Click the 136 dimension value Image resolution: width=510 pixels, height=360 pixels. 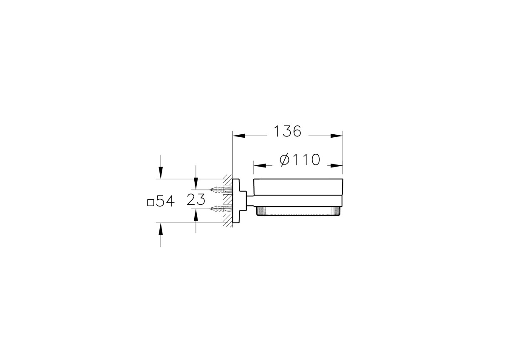[287, 132]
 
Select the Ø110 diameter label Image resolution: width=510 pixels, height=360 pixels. [300, 160]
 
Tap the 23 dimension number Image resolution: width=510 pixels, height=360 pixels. [196, 199]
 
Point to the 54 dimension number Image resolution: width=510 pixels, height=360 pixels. [165, 201]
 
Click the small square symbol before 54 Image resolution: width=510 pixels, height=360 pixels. [150, 202]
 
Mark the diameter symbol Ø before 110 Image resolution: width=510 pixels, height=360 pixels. [285, 160]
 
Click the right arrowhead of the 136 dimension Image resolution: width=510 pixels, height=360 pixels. [337, 136]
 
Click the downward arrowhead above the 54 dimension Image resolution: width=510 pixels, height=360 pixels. [160, 173]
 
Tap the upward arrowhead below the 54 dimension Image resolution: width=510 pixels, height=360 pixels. [160, 229]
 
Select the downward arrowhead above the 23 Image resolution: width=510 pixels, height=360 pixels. [196, 184]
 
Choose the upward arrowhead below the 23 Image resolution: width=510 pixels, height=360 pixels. [196, 215]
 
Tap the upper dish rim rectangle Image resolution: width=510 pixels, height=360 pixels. [297, 187]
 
